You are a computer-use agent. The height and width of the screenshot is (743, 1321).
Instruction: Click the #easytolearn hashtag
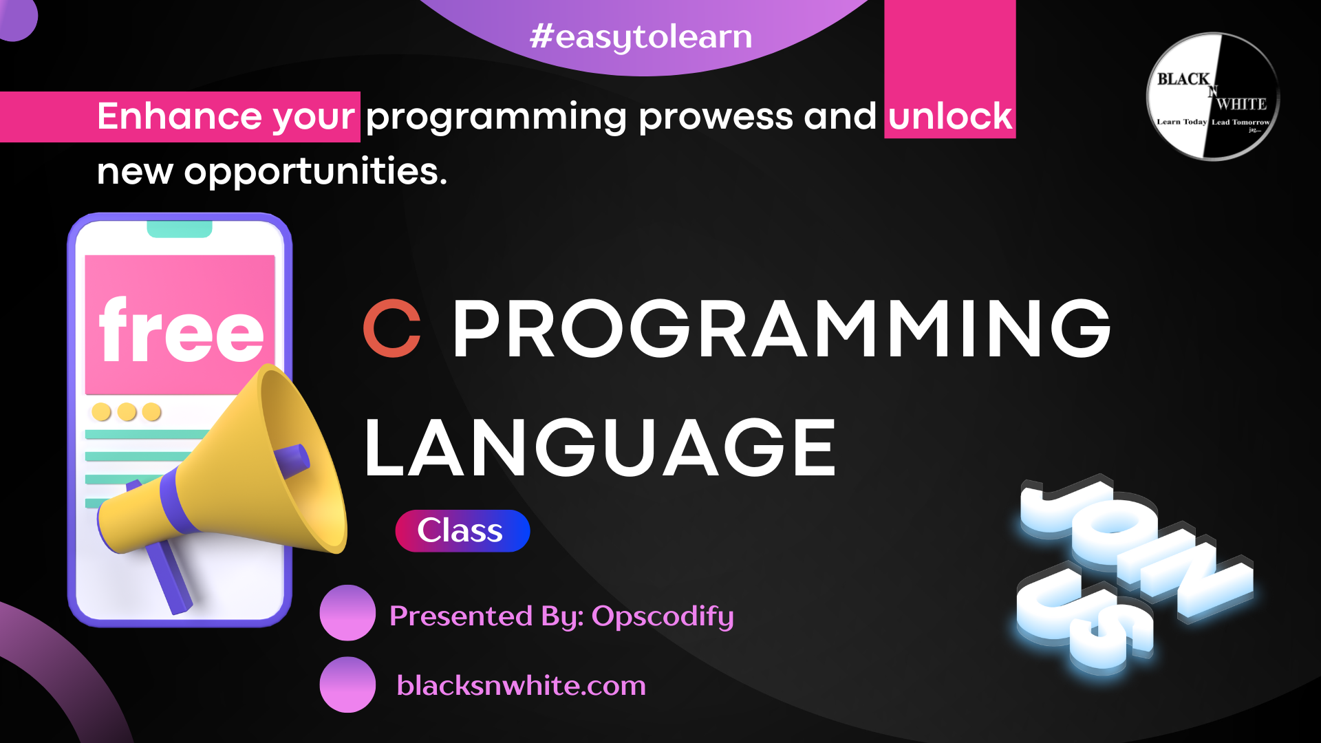pos(641,36)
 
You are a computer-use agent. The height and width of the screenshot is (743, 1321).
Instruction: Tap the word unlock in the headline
pos(950,116)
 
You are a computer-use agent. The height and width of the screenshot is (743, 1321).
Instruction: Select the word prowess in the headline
pos(716,117)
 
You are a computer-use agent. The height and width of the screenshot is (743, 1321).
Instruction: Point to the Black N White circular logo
pos(1213,96)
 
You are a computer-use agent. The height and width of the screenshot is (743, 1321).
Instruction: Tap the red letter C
pos(392,328)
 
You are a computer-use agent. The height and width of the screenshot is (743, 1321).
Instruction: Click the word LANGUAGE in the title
pos(600,448)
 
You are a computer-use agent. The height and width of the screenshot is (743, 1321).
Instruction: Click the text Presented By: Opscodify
pos(561,616)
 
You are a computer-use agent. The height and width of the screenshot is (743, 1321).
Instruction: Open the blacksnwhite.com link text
pos(522,685)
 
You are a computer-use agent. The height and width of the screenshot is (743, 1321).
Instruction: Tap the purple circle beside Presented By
pos(347,613)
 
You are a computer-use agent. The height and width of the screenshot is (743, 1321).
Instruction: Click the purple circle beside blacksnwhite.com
pos(347,685)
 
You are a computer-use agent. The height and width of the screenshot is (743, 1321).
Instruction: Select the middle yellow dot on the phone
pos(127,411)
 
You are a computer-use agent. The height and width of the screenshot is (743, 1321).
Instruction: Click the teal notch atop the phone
pos(180,229)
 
